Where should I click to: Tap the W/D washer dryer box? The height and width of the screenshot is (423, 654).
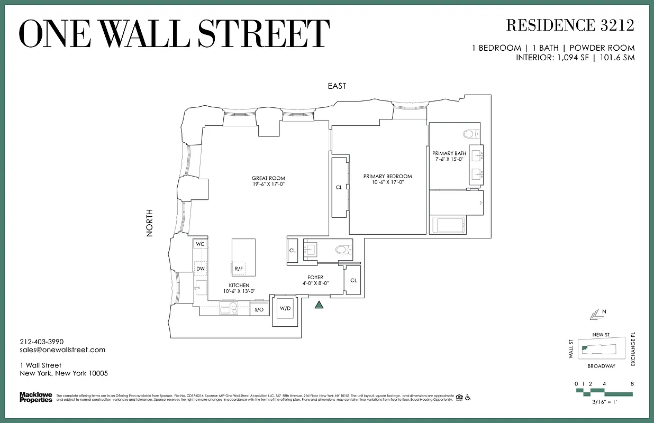285,308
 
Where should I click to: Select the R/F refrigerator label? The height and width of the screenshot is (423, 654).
239,269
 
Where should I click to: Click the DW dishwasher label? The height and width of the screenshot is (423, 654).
201,269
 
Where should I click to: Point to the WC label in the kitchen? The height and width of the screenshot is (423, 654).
200,244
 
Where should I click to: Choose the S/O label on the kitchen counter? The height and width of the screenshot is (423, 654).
259,309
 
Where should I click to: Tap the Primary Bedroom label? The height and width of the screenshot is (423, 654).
387,177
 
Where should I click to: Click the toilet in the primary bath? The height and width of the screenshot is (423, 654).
469,133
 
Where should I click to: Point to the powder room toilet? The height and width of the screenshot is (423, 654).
342,249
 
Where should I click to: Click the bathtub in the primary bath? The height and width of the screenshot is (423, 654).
448,225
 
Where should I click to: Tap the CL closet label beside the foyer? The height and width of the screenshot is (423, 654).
353,280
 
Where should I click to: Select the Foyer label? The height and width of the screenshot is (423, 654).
315,277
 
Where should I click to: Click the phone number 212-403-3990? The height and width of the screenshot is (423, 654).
41,342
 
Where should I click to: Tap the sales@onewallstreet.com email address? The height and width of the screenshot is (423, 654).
62,350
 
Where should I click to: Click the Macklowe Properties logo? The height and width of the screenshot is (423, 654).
36,397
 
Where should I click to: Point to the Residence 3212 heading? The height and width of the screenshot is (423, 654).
570,25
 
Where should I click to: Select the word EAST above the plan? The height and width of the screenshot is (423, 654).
337,86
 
